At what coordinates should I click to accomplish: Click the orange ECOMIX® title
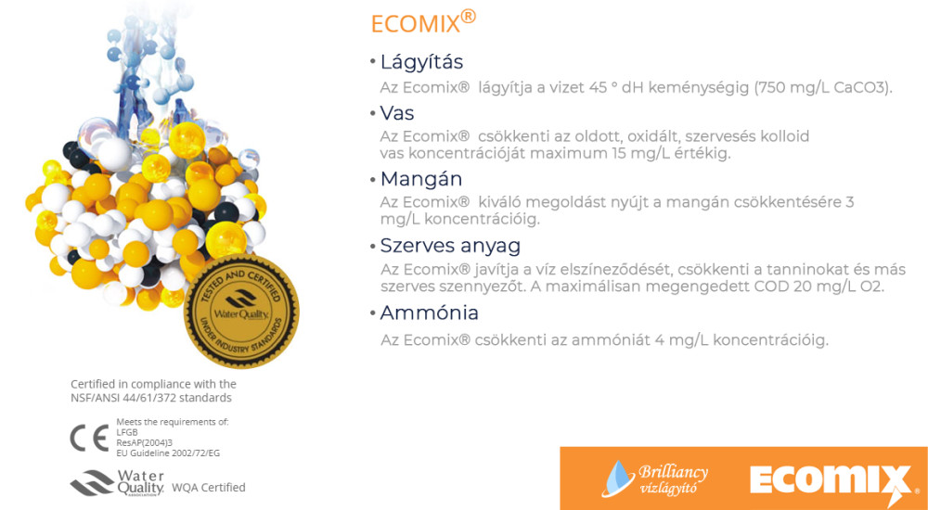tap(423, 22)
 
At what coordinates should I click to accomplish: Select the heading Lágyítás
tap(421, 62)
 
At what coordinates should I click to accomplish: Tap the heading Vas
tap(397, 112)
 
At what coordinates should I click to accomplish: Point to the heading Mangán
tap(420, 179)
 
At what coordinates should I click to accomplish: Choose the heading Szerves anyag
tap(450, 246)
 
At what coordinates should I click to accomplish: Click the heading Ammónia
tap(429, 312)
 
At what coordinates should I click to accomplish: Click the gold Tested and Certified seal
tap(241, 311)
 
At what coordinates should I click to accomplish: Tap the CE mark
tap(89, 438)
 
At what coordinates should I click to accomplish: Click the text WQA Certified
tap(208, 488)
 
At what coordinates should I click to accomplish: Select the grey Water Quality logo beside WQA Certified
tap(117, 483)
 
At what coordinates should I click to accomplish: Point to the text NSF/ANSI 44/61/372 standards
tap(151, 398)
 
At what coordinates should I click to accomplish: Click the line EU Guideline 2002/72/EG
tap(168, 453)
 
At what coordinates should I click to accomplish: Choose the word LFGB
tap(127, 432)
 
